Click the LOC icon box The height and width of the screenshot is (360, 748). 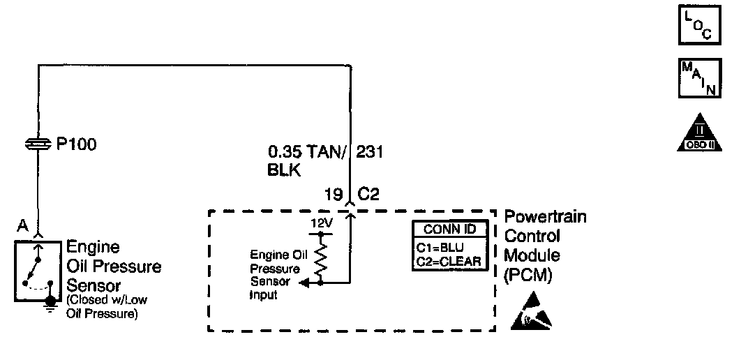(x=700, y=26)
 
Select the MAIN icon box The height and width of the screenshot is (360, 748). (x=700, y=78)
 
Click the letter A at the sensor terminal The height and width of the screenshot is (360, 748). (x=22, y=225)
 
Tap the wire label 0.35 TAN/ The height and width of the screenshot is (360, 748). (x=307, y=151)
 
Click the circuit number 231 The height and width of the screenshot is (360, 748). (x=370, y=151)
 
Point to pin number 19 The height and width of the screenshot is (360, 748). (x=332, y=193)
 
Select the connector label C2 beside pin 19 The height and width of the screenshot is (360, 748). (x=368, y=193)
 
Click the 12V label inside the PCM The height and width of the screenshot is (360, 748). (x=320, y=223)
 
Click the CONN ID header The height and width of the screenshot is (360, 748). (x=447, y=230)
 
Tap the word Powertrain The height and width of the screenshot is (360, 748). (x=545, y=217)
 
